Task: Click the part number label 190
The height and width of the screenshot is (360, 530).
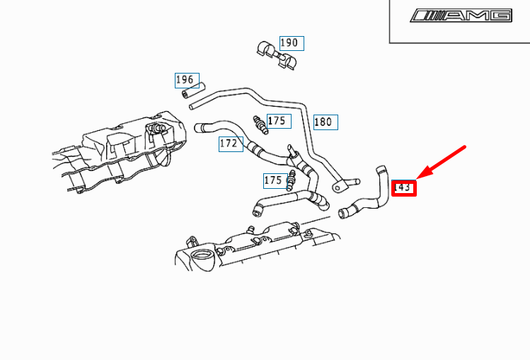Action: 290,43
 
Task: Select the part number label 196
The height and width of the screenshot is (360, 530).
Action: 187,80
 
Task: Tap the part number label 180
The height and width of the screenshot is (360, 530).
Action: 324,122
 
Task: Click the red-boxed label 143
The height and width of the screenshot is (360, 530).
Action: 404,187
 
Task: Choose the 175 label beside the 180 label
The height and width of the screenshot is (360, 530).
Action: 277,121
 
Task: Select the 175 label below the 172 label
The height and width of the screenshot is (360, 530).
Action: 274,180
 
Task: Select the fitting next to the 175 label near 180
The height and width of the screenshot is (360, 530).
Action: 260,124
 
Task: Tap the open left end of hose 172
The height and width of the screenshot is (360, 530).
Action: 199,128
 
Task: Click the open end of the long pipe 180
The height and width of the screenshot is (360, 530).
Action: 192,105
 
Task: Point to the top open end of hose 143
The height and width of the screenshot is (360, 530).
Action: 382,168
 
